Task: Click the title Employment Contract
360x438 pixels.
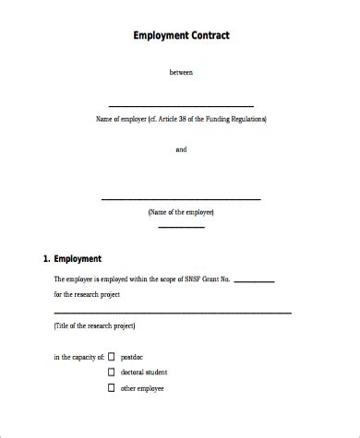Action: tap(180, 36)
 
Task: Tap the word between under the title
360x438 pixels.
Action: tap(181, 71)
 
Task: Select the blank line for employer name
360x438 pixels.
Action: tap(181, 105)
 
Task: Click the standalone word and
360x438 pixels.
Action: tap(181, 149)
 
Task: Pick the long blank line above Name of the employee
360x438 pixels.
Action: tap(180, 198)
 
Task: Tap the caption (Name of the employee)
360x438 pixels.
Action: tap(181, 212)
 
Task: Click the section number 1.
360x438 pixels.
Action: tap(46, 259)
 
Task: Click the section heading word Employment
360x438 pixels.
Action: tap(78, 259)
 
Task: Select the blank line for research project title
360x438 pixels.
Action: tap(172, 314)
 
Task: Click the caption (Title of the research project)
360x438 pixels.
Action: tap(94, 326)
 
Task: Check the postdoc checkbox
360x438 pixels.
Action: tap(111, 356)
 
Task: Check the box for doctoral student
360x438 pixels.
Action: tap(111, 373)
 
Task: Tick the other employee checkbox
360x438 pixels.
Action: tap(111, 389)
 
